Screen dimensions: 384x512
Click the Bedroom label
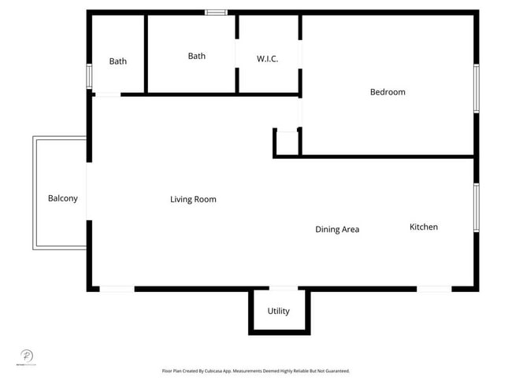click(388, 92)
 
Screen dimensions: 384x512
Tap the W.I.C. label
click(267, 59)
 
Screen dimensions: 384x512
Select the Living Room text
click(193, 200)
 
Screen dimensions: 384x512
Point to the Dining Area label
click(337, 230)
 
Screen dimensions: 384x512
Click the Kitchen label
click(423, 227)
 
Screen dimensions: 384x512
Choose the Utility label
click(278, 312)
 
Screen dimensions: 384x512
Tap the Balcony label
click(63, 198)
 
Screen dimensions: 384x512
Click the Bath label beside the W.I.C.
click(196, 56)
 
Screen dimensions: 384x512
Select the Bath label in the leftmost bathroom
click(117, 61)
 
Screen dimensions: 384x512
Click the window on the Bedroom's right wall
click(476, 87)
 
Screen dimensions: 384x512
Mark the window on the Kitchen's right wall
click(476, 207)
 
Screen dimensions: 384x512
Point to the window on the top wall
click(216, 13)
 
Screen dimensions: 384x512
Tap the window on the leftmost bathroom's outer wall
click(89, 76)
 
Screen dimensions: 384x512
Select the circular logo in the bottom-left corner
click(26, 356)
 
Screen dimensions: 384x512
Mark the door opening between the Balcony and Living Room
click(88, 192)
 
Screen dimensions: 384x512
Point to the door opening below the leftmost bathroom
click(107, 94)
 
